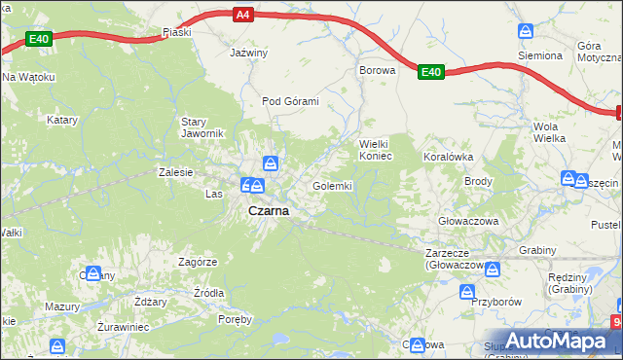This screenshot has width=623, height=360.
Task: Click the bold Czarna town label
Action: tap(268, 210)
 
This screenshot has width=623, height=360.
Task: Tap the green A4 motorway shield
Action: tap(243, 15)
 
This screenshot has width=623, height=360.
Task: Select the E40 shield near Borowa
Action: tap(432, 71)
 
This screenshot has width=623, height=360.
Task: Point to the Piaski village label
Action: tap(177, 32)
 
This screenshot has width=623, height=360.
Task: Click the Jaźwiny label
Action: tap(248, 53)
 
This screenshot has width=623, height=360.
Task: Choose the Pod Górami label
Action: tap(290, 100)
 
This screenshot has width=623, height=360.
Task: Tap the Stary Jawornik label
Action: tap(203, 127)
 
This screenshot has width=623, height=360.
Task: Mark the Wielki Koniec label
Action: tap(375, 149)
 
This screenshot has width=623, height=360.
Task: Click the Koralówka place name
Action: tap(447, 156)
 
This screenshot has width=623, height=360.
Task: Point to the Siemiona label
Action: tap(540, 55)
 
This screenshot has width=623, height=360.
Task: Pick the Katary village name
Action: tap(62, 120)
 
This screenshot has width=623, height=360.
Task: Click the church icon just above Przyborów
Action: tap(467, 291)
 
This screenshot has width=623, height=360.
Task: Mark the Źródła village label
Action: tap(208, 292)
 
